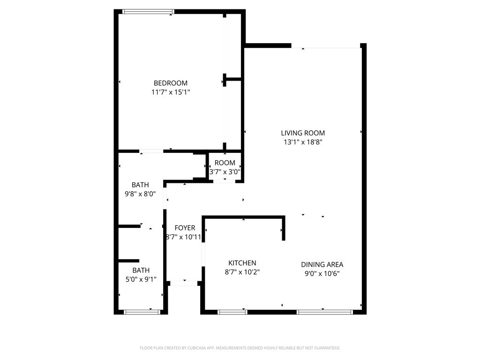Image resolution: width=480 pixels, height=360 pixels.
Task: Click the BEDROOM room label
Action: [x=170, y=83]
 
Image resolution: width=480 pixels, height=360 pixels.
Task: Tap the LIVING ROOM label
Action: [x=303, y=133]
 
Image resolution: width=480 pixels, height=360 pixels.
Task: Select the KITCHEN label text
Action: [x=242, y=263]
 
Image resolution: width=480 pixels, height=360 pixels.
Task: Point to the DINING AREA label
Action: [x=322, y=264]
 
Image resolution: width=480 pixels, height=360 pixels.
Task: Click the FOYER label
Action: [x=185, y=228]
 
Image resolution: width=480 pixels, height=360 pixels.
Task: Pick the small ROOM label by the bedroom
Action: [x=225, y=163]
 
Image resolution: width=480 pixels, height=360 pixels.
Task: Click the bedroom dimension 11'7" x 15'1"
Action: [x=170, y=92]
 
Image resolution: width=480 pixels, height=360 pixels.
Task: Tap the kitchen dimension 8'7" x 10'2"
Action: [x=242, y=272]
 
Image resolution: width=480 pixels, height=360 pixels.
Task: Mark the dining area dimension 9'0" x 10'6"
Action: [x=322, y=273]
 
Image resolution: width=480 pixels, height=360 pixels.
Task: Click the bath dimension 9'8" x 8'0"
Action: [x=140, y=193]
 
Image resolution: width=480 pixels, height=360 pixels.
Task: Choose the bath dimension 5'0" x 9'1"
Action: [x=141, y=279]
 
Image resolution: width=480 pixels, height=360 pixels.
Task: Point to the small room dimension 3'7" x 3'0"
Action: [x=225, y=172]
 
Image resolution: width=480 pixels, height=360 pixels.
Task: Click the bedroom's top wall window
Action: [x=148, y=11]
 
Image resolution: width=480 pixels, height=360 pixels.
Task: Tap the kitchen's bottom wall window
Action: [x=232, y=312]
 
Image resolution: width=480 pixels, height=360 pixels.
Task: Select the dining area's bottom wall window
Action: [x=325, y=312]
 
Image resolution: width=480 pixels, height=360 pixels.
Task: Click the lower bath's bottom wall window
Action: [x=142, y=312]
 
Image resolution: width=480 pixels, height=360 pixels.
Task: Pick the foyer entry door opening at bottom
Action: [x=184, y=283]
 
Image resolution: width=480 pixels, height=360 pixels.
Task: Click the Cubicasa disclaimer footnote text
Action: [x=240, y=348]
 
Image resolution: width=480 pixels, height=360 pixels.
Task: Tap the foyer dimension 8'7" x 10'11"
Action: [x=184, y=237]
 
